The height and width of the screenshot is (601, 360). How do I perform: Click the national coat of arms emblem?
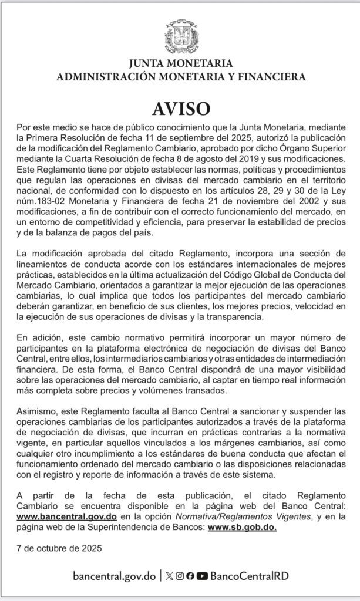(x=180, y=37)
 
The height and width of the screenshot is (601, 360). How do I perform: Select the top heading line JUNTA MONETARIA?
(x=180, y=63)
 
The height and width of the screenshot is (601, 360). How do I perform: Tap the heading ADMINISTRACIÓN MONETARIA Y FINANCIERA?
(x=180, y=76)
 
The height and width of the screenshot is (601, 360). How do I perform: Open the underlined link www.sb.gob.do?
(x=242, y=526)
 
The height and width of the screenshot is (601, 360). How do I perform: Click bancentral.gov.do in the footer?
(x=115, y=576)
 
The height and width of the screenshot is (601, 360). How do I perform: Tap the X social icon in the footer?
(x=170, y=576)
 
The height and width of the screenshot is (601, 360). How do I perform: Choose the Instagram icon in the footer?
(x=180, y=576)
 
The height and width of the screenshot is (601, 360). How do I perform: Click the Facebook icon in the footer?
(x=190, y=576)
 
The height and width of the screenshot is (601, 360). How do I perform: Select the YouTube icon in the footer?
(x=202, y=576)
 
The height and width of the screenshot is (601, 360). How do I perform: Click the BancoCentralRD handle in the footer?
(x=249, y=576)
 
